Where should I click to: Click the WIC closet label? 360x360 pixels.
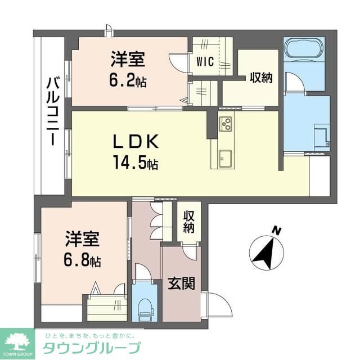coord(205,62)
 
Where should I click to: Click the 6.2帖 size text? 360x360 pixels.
coord(128,82)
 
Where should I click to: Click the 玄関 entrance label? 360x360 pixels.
coord(181,283)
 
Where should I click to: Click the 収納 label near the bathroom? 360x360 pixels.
coord(261,78)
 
